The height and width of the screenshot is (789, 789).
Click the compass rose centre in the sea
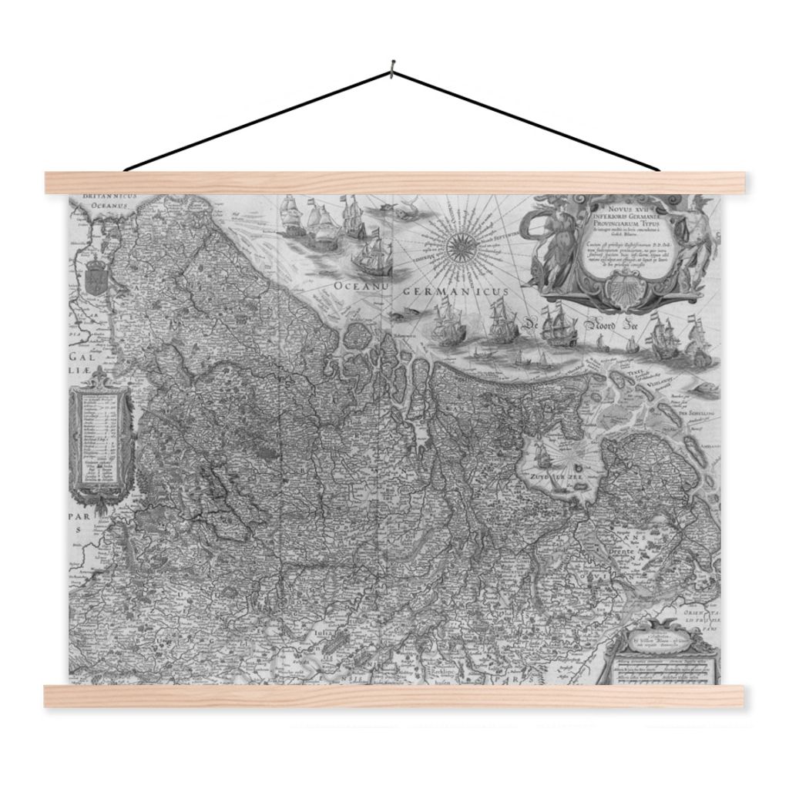464,245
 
